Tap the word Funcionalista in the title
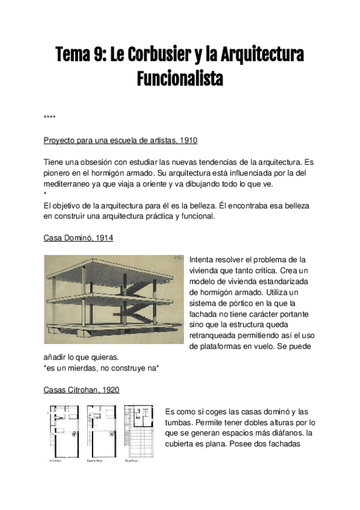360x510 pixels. (x=180, y=78)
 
